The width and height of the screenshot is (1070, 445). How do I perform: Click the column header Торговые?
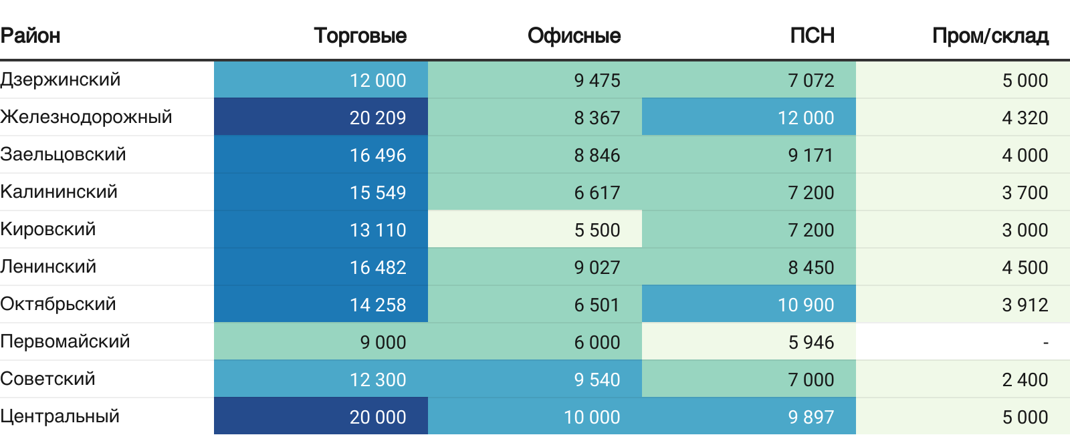coord(360,35)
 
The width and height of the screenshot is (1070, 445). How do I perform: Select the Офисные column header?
coord(574,35)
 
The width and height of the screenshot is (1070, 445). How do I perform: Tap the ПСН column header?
coord(812,35)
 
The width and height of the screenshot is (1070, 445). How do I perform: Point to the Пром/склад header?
coord(990,35)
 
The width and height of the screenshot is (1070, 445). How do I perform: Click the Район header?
coord(31,35)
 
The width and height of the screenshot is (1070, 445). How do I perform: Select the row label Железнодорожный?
coord(86,117)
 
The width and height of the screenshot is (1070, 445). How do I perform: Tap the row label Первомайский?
coord(65,341)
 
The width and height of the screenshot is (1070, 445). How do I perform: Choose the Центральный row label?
coord(60,416)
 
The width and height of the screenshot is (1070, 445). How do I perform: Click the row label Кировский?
coord(48,229)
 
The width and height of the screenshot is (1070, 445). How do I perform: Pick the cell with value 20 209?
coord(377,118)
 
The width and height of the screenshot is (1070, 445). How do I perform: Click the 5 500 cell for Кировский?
coord(597,230)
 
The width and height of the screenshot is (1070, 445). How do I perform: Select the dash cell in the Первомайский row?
coord(1045,342)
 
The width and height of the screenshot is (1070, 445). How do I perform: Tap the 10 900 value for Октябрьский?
coord(805,305)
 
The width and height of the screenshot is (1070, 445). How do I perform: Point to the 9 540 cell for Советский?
coord(597,380)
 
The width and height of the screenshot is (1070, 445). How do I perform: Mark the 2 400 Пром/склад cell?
coord(1025,380)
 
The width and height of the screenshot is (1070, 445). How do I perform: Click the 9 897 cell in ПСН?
coord(811,417)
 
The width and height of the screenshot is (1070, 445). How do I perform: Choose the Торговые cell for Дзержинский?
coord(377,80)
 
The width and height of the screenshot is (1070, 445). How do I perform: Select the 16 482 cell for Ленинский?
coord(377,267)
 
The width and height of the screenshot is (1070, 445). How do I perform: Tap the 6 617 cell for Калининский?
coord(597,192)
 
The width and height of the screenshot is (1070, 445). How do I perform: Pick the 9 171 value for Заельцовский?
coord(811,155)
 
